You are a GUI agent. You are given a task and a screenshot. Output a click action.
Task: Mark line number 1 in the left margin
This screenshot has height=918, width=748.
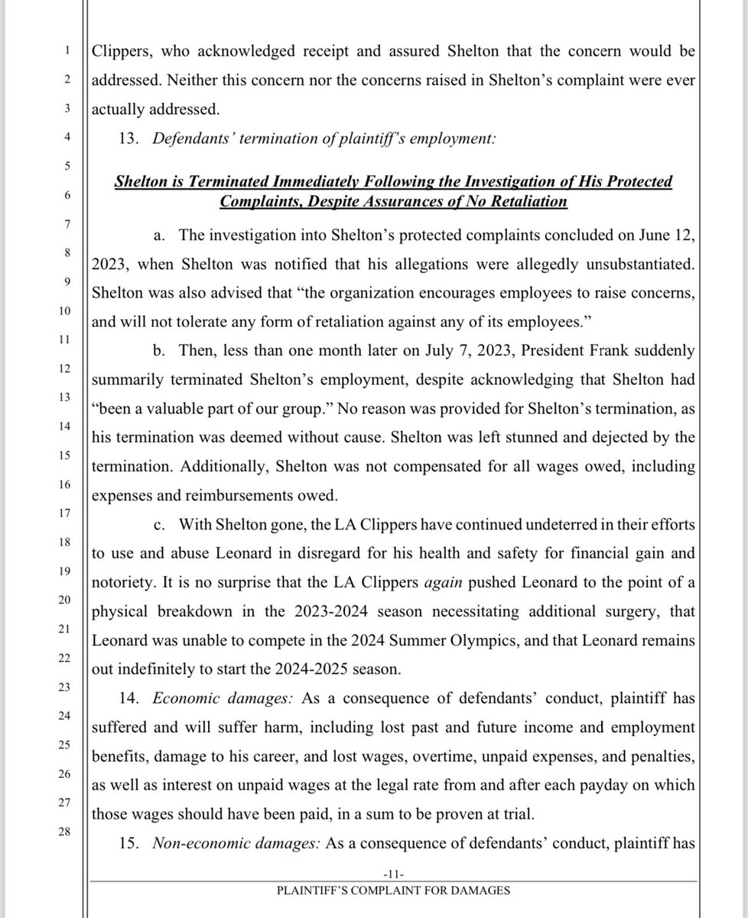point(67,51)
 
